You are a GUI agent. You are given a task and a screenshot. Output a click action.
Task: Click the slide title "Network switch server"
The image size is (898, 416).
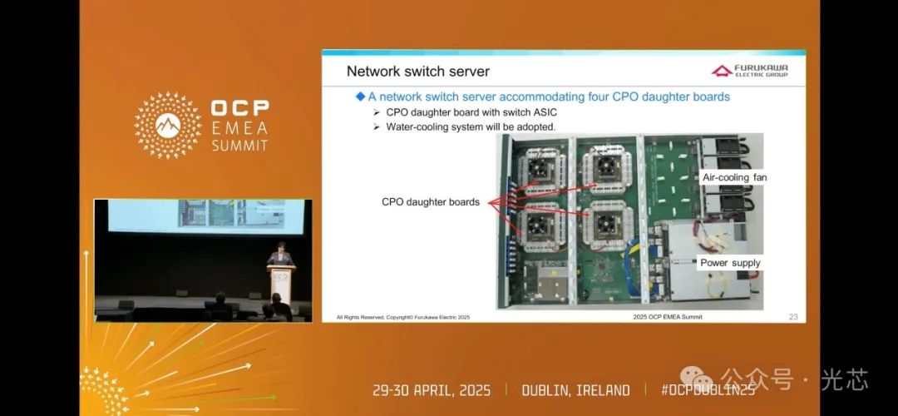417,72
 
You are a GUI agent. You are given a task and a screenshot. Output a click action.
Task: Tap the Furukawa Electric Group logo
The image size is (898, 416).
749,71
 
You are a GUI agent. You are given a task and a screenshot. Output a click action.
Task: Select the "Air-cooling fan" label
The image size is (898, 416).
734,178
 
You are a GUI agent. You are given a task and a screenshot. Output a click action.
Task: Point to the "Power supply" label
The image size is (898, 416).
730,263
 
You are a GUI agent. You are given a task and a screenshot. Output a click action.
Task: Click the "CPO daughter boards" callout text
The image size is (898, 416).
430,201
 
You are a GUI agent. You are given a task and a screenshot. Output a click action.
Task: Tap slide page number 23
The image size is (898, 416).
792,316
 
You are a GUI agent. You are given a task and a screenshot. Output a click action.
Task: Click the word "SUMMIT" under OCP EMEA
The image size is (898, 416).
239,145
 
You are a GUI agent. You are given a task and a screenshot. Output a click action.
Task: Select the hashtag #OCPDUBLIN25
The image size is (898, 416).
708,390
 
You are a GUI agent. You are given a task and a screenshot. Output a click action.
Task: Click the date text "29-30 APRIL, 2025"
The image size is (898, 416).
432,390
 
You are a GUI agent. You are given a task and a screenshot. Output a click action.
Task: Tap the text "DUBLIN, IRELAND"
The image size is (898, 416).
575,390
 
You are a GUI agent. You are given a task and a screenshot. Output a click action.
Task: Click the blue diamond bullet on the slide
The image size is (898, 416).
360,97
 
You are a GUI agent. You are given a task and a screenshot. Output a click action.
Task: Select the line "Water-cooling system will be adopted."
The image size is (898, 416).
471,126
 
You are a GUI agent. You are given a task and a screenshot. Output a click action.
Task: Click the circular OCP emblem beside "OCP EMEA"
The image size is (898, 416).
168,125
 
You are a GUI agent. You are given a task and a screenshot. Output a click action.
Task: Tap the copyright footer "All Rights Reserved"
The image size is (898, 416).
403,317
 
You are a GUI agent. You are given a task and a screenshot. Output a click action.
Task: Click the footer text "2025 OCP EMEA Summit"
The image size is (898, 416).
667,317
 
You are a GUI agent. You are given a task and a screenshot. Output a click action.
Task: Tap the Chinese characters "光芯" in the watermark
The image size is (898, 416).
844,380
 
